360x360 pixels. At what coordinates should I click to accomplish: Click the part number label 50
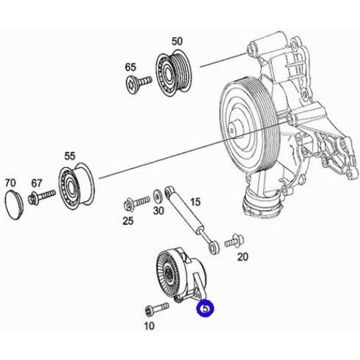point(177,41)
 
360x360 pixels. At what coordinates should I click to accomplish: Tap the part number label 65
point(130,67)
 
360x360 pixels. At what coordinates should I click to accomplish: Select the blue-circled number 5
point(205,309)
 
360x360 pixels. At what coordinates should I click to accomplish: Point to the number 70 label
point(11,183)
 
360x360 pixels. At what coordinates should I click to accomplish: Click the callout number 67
point(37,183)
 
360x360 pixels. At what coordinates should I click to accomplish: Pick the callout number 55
point(70,156)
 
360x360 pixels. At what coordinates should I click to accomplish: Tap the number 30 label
point(159,211)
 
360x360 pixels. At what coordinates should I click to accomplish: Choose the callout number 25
point(128,221)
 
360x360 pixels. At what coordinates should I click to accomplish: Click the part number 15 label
point(195,201)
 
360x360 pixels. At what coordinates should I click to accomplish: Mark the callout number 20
point(242,257)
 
